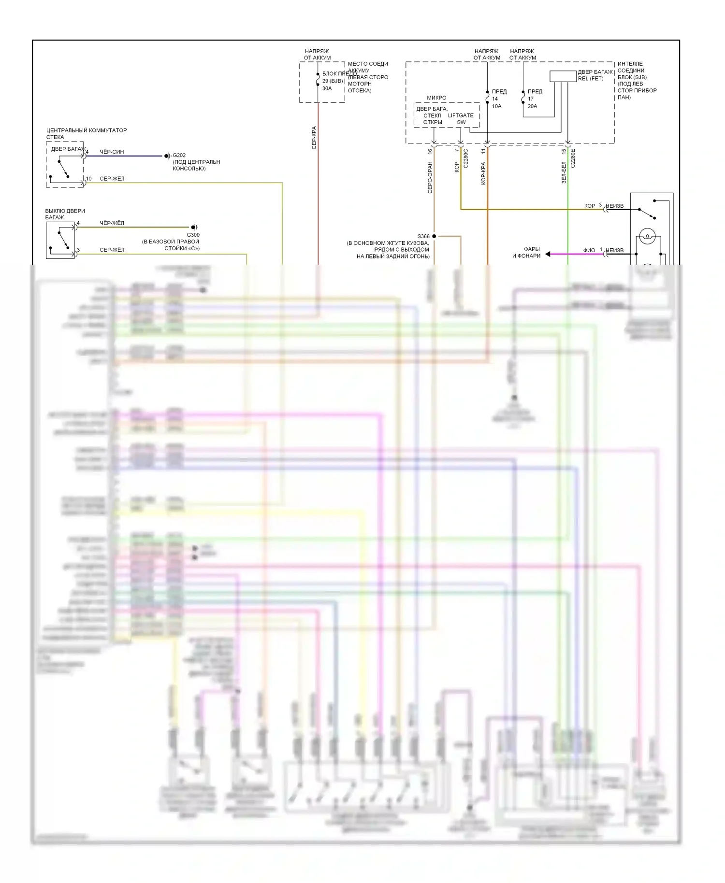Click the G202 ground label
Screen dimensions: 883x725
[x=179, y=156]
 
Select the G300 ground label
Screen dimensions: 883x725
[x=193, y=235]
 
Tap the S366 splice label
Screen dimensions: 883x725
[x=423, y=237]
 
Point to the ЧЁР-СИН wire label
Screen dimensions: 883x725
[x=112, y=152]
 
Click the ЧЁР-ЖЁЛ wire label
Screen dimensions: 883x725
[x=112, y=223]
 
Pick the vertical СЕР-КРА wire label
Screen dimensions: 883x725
[x=314, y=138]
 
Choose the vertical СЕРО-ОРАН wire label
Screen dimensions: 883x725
[x=430, y=177]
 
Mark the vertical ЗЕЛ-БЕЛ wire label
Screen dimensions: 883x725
[x=564, y=172]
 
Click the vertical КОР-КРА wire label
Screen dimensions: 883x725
[x=483, y=173]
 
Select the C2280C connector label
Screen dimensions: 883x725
[x=466, y=158]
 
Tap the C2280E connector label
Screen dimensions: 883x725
[x=573, y=158]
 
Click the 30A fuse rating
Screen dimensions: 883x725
[x=327, y=88]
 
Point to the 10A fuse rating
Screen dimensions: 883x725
[x=497, y=106]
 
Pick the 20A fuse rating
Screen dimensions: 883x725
[x=532, y=106]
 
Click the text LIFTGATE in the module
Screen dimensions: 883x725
[x=461, y=115]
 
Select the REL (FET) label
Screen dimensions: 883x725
[x=591, y=79]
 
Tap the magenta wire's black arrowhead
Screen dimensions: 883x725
[x=548, y=254]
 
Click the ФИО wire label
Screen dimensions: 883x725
[x=589, y=250]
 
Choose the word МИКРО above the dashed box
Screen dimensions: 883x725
[x=436, y=98]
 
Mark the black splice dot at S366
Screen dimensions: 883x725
[x=434, y=236]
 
